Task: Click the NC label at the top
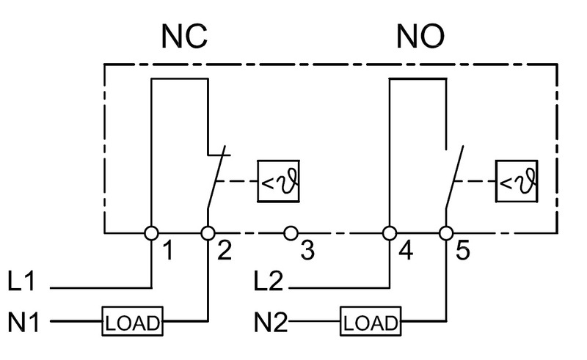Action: pyautogui.click(x=184, y=37)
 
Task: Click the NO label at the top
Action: pyautogui.click(x=420, y=37)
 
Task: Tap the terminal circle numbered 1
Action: pyautogui.click(x=152, y=233)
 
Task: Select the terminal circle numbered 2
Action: pyautogui.click(x=208, y=233)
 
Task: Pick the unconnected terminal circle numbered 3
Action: pyautogui.click(x=291, y=233)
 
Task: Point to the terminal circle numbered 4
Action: pyautogui.click(x=390, y=233)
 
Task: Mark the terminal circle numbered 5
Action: pyautogui.click(x=446, y=233)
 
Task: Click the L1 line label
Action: pyautogui.click(x=22, y=281)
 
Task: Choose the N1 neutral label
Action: pyautogui.click(x=23, y=322)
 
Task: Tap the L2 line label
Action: pyautogui.click(x=268, y=281)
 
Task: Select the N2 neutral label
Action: pyautogui.click(x=271, y=322)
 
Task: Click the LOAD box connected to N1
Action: pyautogui.click(x=133, y=321)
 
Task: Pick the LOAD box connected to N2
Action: pyautogui.click(x=371, y=321)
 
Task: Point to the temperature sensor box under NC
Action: pyautogui.click(x=279, y=182)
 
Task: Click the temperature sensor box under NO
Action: pyautogui.click(x=517, y=182)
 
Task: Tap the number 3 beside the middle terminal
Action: pyautogui.click(x=307, y=250)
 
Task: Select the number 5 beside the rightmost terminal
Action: pyautogui.click(x=463, y=250)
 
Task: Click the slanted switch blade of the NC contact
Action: pyautogui.click(x=216, y=177)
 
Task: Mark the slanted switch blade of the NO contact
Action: pyautogui.click(x=454, y=177)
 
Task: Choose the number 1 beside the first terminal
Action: pyautogui.click(x=169, y=250)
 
